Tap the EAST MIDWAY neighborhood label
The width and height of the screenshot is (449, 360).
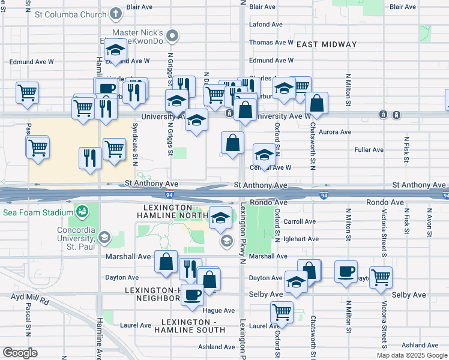coord(327,44)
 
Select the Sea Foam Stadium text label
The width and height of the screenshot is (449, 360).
coord(35,212)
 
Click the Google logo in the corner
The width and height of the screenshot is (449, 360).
coord(20,352)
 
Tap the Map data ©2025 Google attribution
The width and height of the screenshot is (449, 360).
coord(412,355)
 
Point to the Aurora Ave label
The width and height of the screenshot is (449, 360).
coord(336,132)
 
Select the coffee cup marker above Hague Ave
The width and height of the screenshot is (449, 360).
coord(192,295)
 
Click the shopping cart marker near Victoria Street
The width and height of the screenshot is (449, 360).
coord(381,277)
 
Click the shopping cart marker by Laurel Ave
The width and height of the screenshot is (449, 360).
coord(281,311)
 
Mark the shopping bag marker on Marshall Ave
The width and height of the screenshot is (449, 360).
coord(166,262)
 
